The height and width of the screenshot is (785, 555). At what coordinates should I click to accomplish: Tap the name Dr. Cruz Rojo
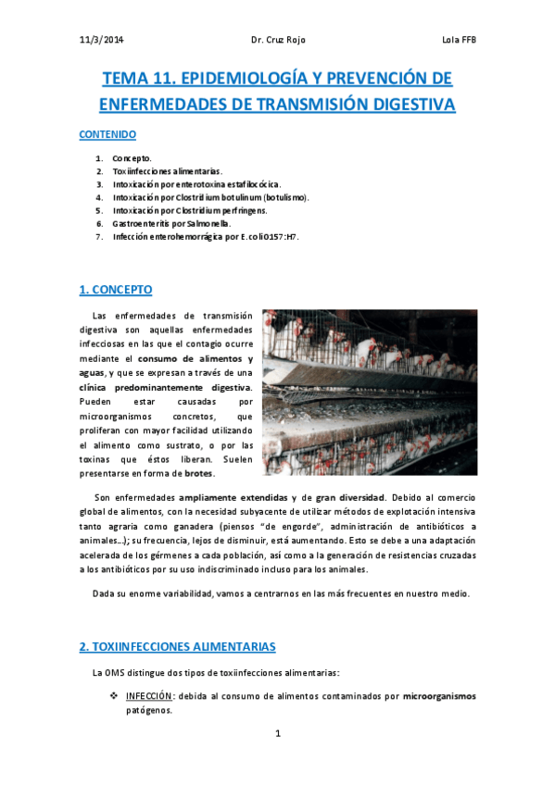click(277, 40)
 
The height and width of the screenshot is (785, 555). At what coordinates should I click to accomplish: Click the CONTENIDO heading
click(107, 134)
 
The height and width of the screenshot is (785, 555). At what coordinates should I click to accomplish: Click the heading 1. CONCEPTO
click(116, 290)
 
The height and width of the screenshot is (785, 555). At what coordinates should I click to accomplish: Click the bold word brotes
click(198, 474)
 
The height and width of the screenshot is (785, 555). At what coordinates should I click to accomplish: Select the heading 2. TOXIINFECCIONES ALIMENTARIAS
click(177, 645)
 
